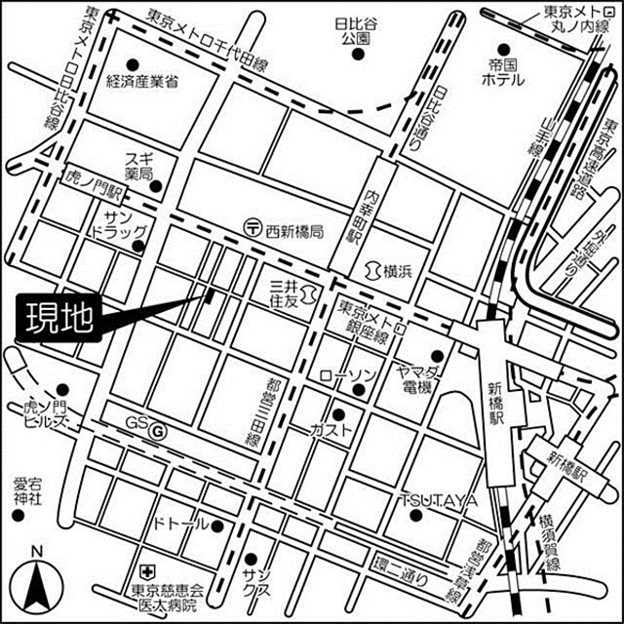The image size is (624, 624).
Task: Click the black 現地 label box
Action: pyautogui.click(x=57, y=320)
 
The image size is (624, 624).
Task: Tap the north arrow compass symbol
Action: pyautogui.click(x=37, y=583)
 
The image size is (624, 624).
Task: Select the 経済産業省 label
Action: pyautogui.click(x=141, y=82)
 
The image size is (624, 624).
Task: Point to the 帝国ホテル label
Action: pyautogui.click(x=505, y=75)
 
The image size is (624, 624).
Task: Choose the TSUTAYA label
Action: pyautogui.click(x=438, y=500)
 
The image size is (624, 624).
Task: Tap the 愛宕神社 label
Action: pyautogui.click(x=28, y=490)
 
